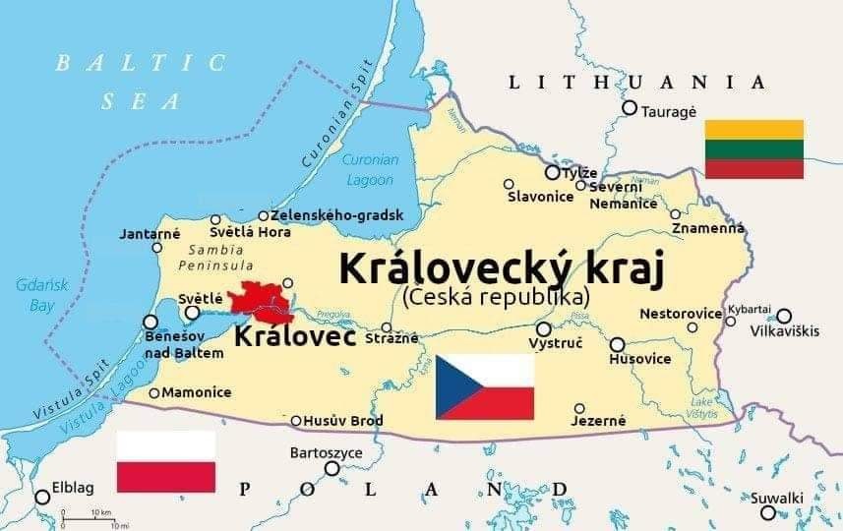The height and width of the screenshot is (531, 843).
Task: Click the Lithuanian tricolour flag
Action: click(753, 148)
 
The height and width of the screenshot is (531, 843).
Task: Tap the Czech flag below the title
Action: click(485, 386)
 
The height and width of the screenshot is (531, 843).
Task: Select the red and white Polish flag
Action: click(165, 461)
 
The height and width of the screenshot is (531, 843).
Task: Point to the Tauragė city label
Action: click(669, 111)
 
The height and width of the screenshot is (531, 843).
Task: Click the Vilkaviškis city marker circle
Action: click(784, 316)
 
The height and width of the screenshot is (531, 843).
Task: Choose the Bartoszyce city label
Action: click(327, 453)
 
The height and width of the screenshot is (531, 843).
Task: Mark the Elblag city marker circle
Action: click(42, 497)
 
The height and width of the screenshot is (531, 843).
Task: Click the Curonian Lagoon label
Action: click(370, 170)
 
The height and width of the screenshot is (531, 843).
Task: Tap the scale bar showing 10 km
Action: click(90, 515)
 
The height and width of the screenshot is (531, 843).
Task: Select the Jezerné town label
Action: click(597, 421)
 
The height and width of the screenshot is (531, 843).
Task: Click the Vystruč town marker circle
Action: click(543, 329)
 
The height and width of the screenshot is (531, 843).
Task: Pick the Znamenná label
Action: click(708, 229)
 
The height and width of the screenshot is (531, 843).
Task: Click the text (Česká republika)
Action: click(497, 295)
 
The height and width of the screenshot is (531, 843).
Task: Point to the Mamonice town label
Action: click(196, 392)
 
